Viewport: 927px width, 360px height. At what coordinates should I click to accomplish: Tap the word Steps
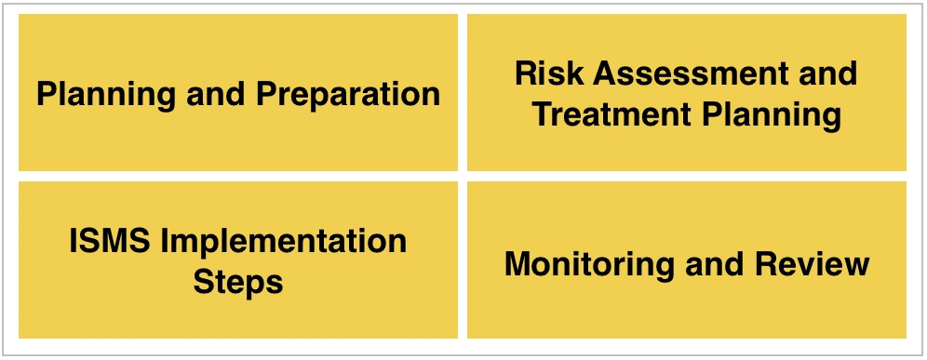(238, 281)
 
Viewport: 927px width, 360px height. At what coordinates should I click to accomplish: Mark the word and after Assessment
(826, 73)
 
